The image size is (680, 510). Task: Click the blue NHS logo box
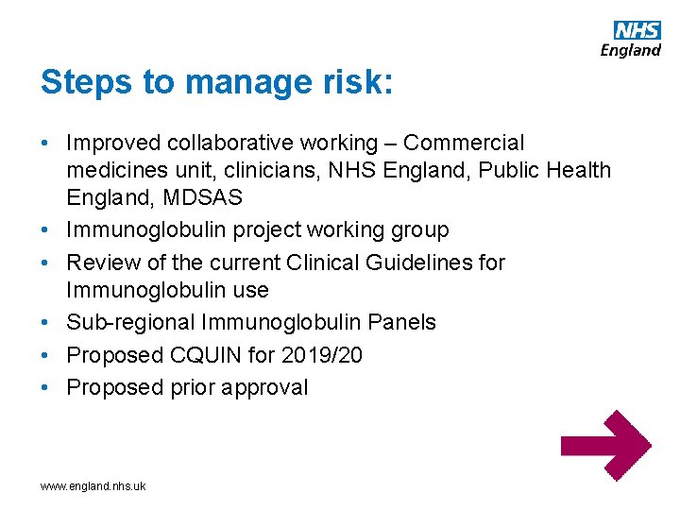637,30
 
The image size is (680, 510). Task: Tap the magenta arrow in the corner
605,445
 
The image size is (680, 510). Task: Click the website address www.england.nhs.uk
93,486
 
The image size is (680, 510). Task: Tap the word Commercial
463,144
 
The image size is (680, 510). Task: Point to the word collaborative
228,144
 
